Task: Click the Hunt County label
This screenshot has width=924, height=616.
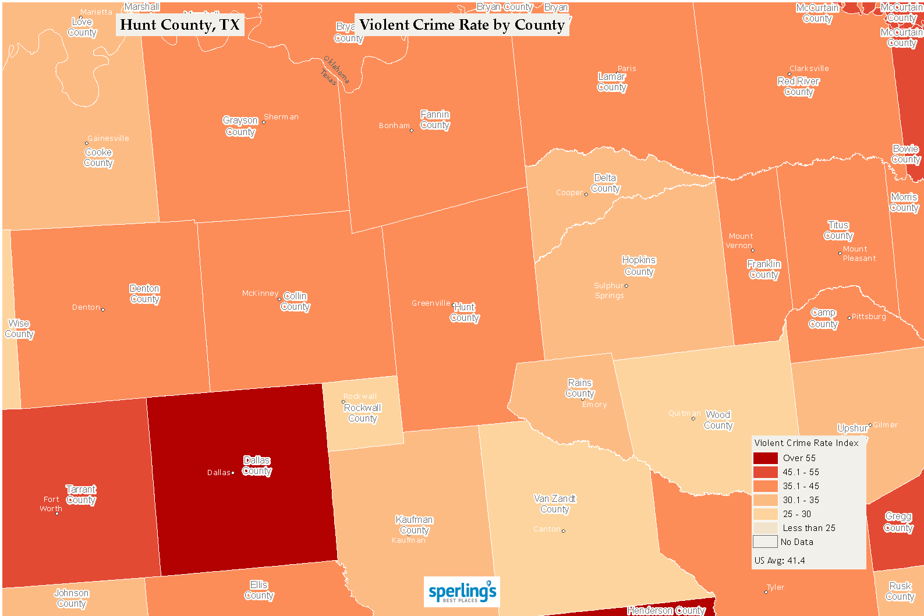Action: click(465, 312)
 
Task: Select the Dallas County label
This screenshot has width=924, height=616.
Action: click(257, 466)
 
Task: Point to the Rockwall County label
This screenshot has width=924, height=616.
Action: click(363, 413)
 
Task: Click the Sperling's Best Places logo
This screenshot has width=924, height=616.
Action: click(462, 592)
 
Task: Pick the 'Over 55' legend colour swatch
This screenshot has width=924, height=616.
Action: click(765, 458)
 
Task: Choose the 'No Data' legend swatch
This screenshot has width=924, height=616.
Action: click(765, 542)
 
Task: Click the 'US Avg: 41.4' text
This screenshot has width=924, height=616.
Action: click(780, 561)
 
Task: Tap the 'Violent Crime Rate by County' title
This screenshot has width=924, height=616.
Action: click(462, 25)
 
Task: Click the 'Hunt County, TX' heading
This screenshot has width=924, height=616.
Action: click(180, 25)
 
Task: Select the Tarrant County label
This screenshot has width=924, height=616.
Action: click(81, 495)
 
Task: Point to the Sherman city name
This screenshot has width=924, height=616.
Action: click(281, 117)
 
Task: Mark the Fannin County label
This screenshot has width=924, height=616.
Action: click(435, 120)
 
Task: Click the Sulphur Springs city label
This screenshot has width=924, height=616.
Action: click(609, 291)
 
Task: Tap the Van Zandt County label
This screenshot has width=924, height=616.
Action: click(555, 504)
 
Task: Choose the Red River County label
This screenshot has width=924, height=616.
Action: click(798, 86)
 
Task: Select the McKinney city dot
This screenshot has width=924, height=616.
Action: click(279, 299)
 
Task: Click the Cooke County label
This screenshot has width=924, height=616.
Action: click(98, 157)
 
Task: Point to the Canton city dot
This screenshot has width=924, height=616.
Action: click(564, 531)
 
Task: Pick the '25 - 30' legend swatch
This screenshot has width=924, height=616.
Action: click(765, 514)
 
